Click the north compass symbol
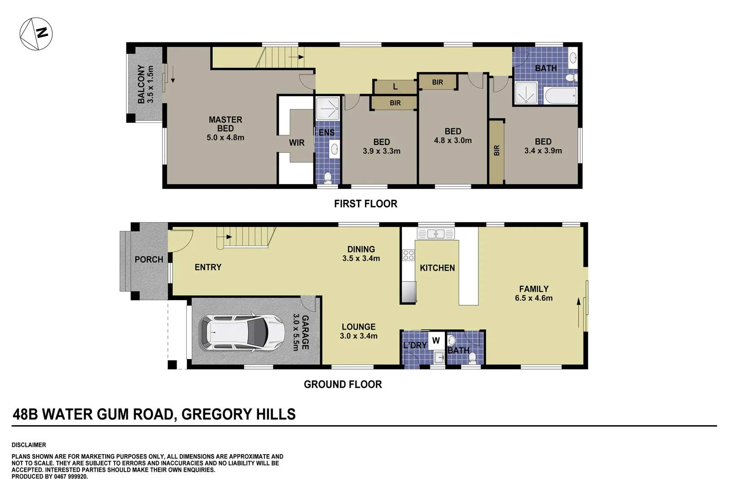pyautogui.click(x=36, y=34)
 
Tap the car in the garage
pyautogui.click(x=242, y=333)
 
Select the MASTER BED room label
pyautogui.click(x=225, y=128)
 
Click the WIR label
pyautogui.click(x=296, y=143)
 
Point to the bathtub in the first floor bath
pyautogui.click(x=560, y=95)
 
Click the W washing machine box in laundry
pyautogui.click(x=436, y=341)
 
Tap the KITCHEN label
pyautogui.click(x=437, y=268)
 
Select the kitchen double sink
pyautogui.click(x=436, y=234)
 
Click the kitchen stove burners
pyautogui.click(x=408, y=255)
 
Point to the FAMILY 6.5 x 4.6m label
pyautogui.click(x=534, y=293)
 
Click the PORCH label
pyautogui.click(x=149, y=260)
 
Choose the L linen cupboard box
pyautogui.click(x=395, y=87)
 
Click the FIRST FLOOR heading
pyautogui.click(x=366, y=204)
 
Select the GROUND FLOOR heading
pyautogui.click(x=343, y=384)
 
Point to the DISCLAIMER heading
pyautogui.click(x=29, y=445)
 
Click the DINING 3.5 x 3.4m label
pyautogui.click(x=361, y=253)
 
